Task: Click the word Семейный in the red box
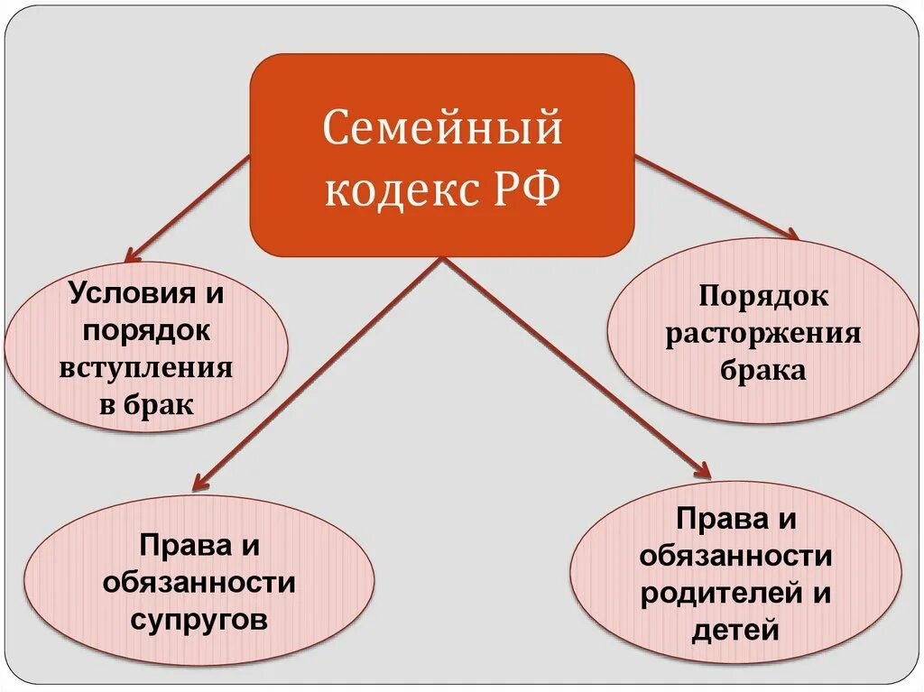[442, 128]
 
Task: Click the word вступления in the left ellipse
[146, 368]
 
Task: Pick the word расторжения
[763, 334]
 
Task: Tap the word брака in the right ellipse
[763, 371]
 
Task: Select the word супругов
[199, 620]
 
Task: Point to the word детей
[735, 630]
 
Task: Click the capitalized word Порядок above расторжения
[763, 297]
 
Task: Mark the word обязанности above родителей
[735, 557]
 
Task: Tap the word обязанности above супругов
[199, 583]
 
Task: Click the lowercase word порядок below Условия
[146, 330]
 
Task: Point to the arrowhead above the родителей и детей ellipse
[704, 470]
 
